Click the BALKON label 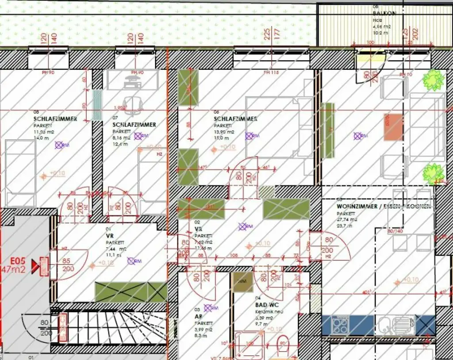pos(384,13)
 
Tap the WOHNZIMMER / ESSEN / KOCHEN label pos(383,207)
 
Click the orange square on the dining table pos(393,127)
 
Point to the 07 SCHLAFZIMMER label pos(134,125)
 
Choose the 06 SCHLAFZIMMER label pos(235,119)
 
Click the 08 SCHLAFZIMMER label pos(55,119)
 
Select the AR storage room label pos(198,317)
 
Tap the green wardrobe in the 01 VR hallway pos(131,292)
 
